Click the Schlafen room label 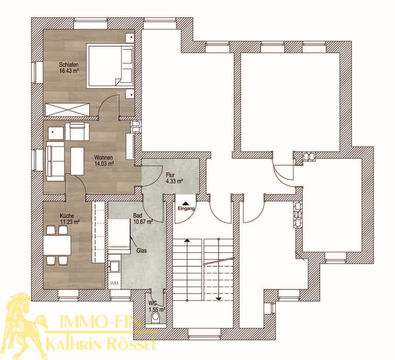[69, 64]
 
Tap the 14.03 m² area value [104, 163]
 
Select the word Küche [67, 216]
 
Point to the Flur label [170, 175]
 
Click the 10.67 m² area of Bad [143, 222]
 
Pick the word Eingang [186, 208]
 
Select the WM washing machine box [114, 283]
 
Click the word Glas [141, 250]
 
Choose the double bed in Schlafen [110, 65]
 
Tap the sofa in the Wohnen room [55, 161]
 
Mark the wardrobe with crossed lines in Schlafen [67, 109]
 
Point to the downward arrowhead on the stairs [219, 299]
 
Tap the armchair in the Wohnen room [77, 131]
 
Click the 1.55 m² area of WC [157, 310]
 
